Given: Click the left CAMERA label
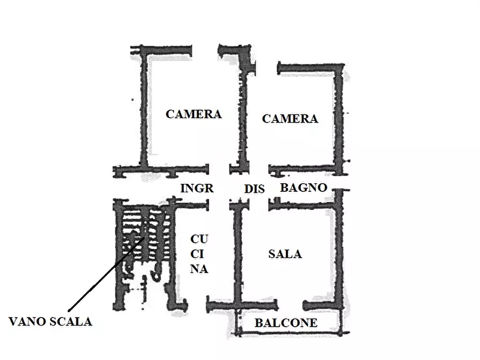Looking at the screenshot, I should tap(194, 114).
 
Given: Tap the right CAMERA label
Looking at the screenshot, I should tap(290, 119).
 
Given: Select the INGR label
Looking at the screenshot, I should tap(197, 188).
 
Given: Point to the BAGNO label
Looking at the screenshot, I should tap(304, 188).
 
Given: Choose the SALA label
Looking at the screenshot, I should tap(285, 254).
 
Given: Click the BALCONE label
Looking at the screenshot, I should tap(285, 323).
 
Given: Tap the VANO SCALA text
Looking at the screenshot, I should tap(51, 321).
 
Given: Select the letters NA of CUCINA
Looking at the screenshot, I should tap(199, 270).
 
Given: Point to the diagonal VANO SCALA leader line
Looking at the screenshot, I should tap(102, 279).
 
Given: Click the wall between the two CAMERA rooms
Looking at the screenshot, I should tap(241, 118).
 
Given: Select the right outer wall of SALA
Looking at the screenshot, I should tap(339, 253).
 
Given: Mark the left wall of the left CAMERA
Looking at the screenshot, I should tap(144, 113).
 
